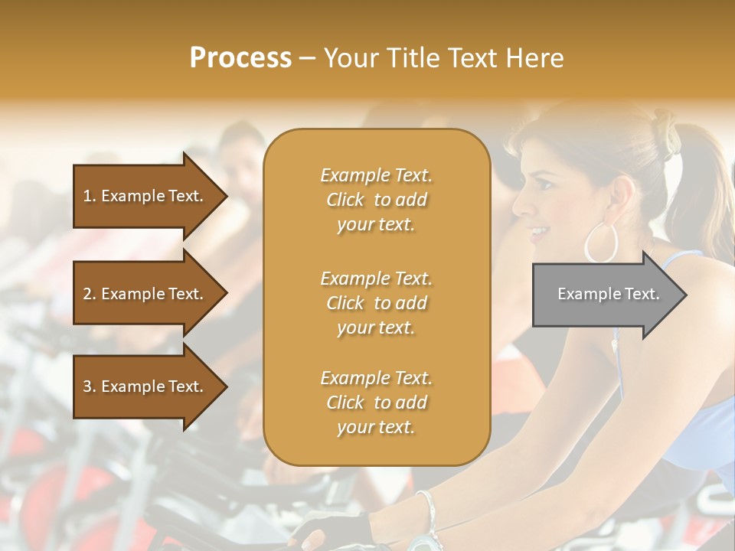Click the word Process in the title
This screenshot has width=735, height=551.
pyautogui.click(x=240, y=57)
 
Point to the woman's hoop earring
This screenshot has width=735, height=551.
pyautogui.click(x=601, y=243)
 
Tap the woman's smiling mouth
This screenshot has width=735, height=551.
pyautogui.click(x=539, y=232)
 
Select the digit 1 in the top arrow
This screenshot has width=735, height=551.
pyautogui.click(x=87, y=196)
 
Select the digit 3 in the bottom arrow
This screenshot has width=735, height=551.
pyautogui.click(x=87, y=386)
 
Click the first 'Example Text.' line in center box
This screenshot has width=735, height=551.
pyautogui.click(x=376, y=175)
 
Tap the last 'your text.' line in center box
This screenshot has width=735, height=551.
pyautogui.click(x=376, y=428)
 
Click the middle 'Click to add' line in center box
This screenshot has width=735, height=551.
pyautogui.click(x=376, y=303)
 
